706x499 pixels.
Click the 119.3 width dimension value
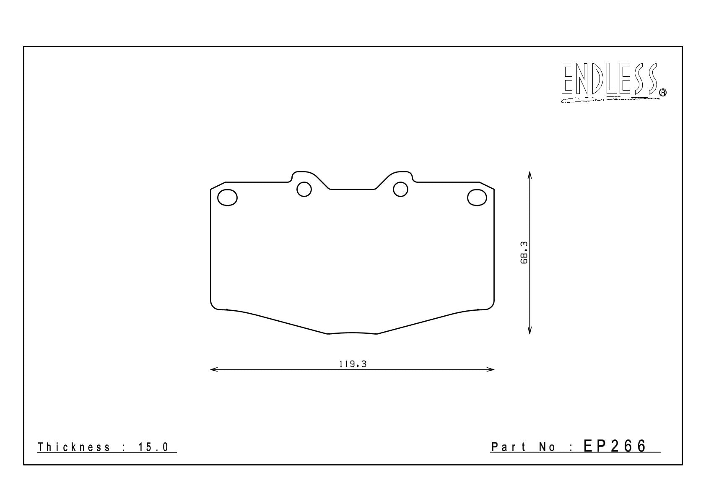pos(353,364)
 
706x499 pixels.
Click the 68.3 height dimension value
pos(524,252)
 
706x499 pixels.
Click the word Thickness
pos(74,447)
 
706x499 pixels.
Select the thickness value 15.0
pos(153,447)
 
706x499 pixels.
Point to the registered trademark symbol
pos(663,92)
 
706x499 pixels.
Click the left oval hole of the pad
pos(227,198)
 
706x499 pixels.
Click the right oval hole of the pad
pos(477,198)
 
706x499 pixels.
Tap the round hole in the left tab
pos(304,189)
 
